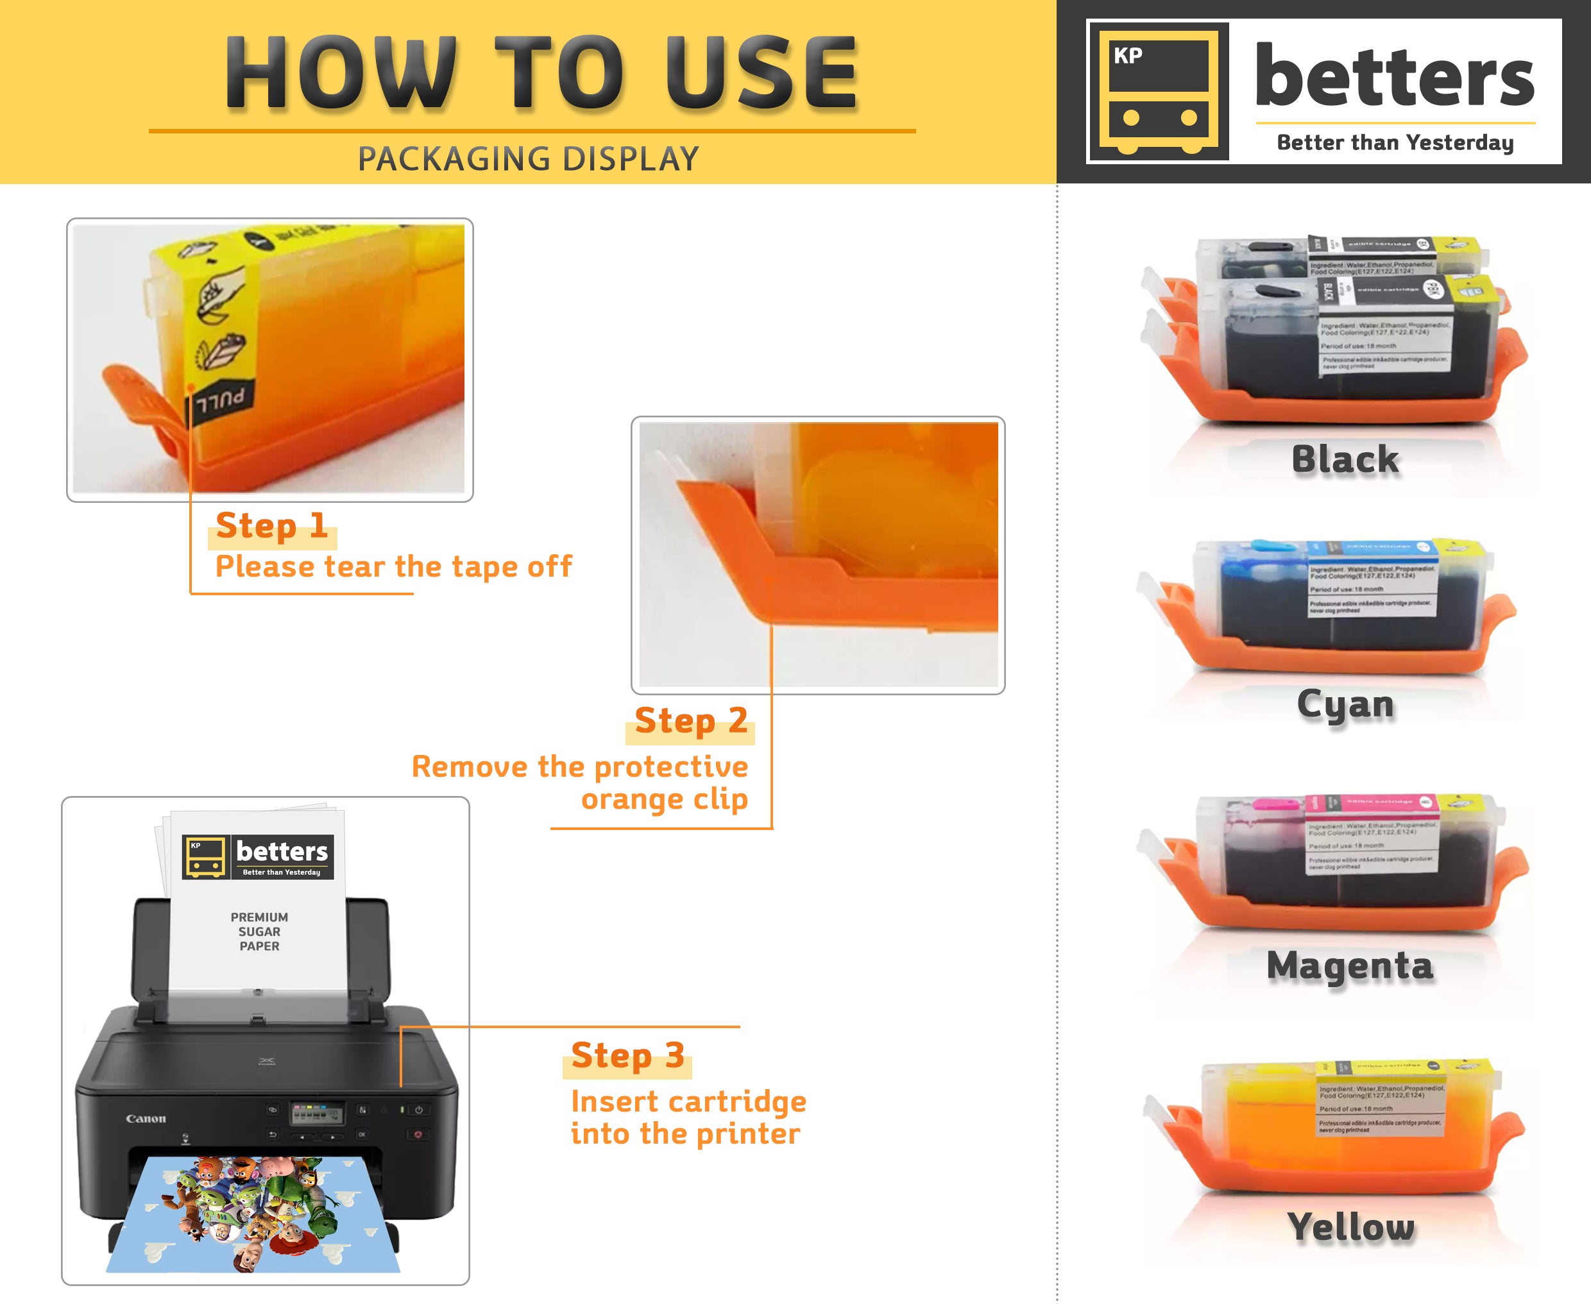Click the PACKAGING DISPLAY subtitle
[528, 158]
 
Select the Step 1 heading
[271, 525]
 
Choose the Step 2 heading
[690, 720]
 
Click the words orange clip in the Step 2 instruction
[664, 799]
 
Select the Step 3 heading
[627, 1054]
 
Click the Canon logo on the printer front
[146, 1119]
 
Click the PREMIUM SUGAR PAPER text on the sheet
[259, 931]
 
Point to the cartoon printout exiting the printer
[254, 1213]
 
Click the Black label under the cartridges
[1345, 459]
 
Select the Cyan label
[1345, 704]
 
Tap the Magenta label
[1349, 966]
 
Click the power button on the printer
[418, 1110]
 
